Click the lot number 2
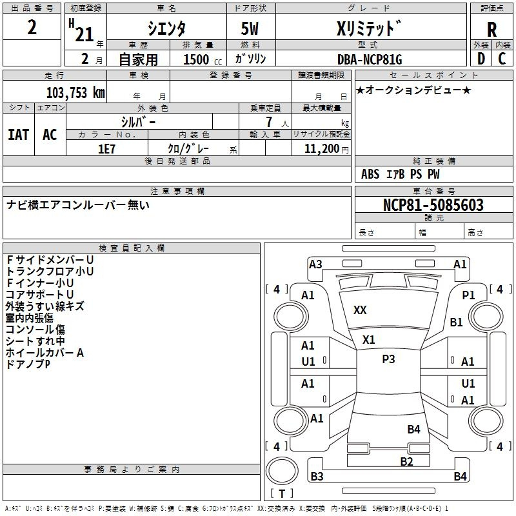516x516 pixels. (32, 27)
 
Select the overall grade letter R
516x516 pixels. (491, 29)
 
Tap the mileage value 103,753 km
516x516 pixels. (75, 93)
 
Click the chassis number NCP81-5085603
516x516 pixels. (433, 205)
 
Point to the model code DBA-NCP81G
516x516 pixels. (370, 59)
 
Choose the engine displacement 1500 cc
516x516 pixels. (203, 59)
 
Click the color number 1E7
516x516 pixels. (106, 149)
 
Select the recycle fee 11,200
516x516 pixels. (321, 149)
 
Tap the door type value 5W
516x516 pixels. (250, 28)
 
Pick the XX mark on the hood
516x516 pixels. (360, 310)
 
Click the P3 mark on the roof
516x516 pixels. (388, 359)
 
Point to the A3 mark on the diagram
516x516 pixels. (315, 264)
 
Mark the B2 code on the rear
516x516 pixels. (407, 462)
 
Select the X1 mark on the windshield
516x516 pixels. (368, 340)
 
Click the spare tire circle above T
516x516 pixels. (282, 471)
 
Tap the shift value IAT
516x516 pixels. (19, 135)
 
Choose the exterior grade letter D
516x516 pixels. (481, 59)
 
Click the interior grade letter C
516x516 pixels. (502, 59)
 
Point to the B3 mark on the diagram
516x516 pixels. (317, 476)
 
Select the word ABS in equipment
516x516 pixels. (370, 174)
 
